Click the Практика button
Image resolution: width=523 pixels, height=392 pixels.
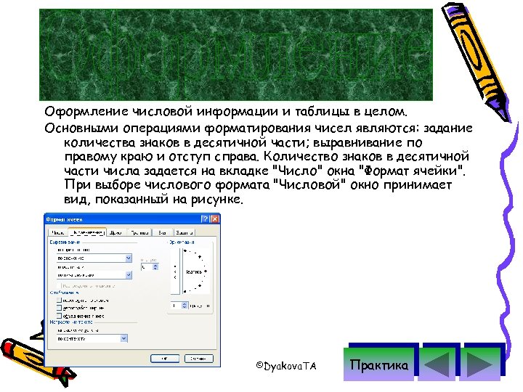coord(379,364)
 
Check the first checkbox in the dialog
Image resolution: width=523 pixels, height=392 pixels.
coord(58,300)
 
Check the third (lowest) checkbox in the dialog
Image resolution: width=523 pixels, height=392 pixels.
coord(58,317)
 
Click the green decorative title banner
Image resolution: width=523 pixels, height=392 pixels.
coord(235,55)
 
